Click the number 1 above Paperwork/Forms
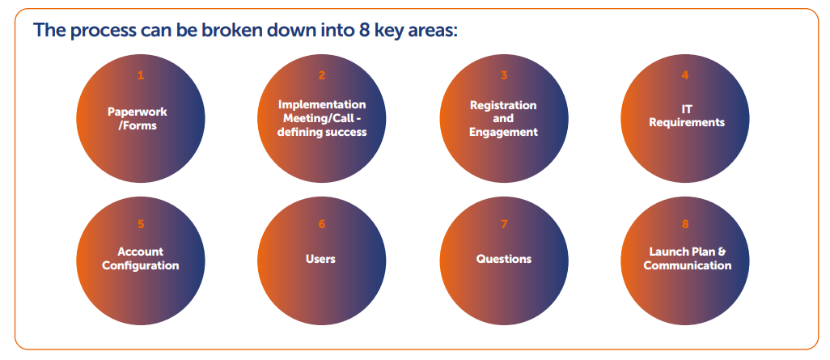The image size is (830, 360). click(140, 76)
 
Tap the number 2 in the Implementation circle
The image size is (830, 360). click(322, 76)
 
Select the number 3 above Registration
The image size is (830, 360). click(504, 76)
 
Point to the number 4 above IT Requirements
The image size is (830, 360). click(685, 76)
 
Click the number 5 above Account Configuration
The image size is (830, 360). click(140, 224)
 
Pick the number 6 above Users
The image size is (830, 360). click(322, 224)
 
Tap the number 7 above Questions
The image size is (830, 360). click(504, 224)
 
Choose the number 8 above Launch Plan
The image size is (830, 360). click(685, 224)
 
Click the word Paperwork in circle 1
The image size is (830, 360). click(137, 112)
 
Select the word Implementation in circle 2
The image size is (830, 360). click(322, 104)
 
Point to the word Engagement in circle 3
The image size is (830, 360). click(503, 133)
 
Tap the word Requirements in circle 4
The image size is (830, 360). click(687, 122)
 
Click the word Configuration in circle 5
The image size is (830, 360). click(140, 265)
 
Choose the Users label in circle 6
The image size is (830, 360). click(321, 259)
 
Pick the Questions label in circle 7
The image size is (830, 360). click(504, 260)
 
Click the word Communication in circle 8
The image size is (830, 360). click(688, 265)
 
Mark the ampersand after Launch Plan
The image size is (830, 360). click(722, 252)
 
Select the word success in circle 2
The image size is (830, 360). click(345, 133)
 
